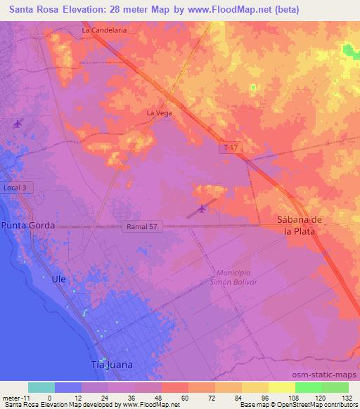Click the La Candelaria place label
tap(104, 31)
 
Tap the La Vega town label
tap(159, 112)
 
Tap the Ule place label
tap(58, 279)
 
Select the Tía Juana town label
tap(112, 365)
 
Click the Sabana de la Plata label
tap(293, 225)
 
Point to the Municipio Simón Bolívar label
tap(237, 276)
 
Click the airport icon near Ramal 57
tap(202, 208)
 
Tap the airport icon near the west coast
tap(18, 124)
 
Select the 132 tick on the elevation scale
tap(347, 397)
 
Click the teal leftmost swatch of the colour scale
tap(41, 387)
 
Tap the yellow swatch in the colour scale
tap(281, 387)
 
